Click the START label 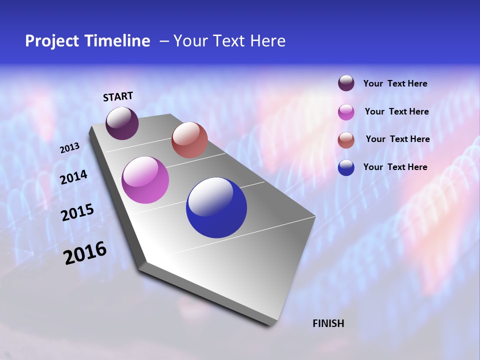coord(118,96)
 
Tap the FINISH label coord(328,323)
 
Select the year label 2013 coord(69,148)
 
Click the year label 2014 coord(73,177)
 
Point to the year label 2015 coord(77,212)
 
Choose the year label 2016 coord(85,253)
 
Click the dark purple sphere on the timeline coord(122,123)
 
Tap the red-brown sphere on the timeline coord(189,140)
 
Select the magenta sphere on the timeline coord(145,180)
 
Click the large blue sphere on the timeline coord(216,207)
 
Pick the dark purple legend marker coord(346,83)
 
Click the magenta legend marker coord(346,112)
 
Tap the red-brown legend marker coord(346,139)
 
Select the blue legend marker coord(346,167)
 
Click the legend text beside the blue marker coord(395,167)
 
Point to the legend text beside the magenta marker coord(396,111)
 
